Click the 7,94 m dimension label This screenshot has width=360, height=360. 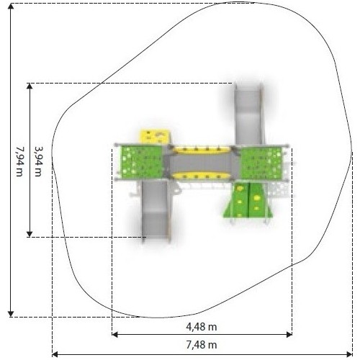19,161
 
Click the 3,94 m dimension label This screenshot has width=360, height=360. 38,161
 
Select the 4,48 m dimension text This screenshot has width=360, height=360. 202,327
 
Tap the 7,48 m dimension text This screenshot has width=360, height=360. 202,345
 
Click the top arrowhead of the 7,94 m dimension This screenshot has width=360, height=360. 11,6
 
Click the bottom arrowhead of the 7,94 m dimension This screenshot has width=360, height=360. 11,314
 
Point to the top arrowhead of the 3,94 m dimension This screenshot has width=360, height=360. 30,86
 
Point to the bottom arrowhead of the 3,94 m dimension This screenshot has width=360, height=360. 30,234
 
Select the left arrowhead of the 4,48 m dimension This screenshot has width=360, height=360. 115,334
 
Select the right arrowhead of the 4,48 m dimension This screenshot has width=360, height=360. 289,334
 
